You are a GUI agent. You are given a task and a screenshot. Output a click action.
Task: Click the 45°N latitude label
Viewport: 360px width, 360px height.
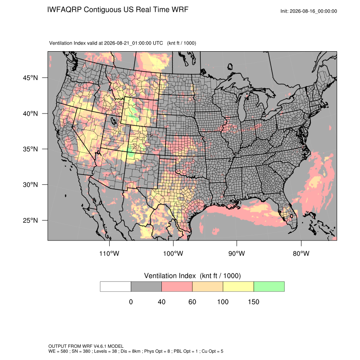pos(30,78)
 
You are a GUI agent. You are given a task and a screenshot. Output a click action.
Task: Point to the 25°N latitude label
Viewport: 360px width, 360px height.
pos(30,220)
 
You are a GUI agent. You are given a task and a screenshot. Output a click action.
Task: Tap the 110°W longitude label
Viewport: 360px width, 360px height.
pos(109,253)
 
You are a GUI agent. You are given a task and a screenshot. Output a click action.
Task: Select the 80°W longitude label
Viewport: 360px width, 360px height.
pos(301,253)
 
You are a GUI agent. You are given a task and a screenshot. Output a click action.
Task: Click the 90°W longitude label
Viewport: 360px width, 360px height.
pos(236,253)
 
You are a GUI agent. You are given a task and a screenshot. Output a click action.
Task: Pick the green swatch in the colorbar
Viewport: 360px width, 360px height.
pos(269,287)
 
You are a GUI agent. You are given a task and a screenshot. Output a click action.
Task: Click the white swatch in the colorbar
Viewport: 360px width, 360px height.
pos(116,287)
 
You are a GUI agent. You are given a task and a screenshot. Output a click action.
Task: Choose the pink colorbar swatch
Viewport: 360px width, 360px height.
pos(177,287)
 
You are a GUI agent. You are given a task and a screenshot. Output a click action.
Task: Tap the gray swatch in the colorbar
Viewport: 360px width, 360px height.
pos(146,287)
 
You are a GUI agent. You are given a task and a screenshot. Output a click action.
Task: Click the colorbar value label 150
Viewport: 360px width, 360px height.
pos(253,302)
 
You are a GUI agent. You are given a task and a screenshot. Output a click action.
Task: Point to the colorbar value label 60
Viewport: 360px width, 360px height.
pos(192,302)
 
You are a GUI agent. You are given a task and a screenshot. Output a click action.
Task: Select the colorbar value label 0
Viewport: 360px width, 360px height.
pos(131,302)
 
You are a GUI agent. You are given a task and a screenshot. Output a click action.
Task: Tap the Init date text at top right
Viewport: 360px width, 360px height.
pos(309,11)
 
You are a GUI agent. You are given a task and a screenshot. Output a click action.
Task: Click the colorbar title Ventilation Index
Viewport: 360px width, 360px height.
pos(170,276)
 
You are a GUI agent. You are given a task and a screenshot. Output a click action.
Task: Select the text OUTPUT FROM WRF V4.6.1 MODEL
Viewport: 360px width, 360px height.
pos(86,346)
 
